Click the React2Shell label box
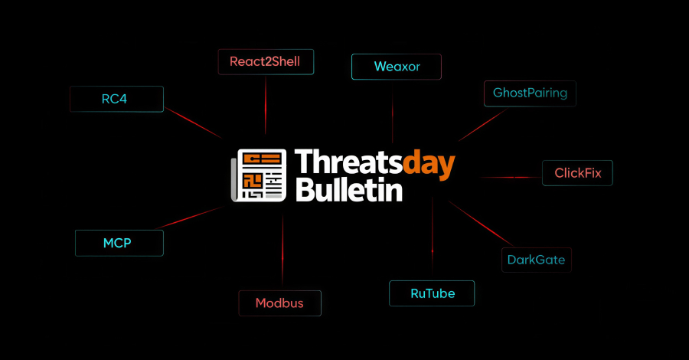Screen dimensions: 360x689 click(x=266, y=61)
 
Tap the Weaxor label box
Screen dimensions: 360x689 click(x=397, y=67)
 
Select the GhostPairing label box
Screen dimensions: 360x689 click(x=530, y=93)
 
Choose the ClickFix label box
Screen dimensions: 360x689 click(x=577, y=173)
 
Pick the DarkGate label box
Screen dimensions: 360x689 click(x=536, y=260)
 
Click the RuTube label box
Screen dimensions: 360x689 click(x=433, y=293)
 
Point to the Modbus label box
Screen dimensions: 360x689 click(x=279, y=303)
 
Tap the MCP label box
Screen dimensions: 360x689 click(x=119, y=243)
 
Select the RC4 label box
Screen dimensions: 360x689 click(x=116, y=99)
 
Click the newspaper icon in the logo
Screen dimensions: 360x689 click(x=259, y=175)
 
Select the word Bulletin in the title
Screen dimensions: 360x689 click(x=348, y=189)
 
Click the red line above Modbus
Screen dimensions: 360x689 click(x=282, y=253)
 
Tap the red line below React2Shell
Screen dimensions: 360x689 click(x=266, y=103)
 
